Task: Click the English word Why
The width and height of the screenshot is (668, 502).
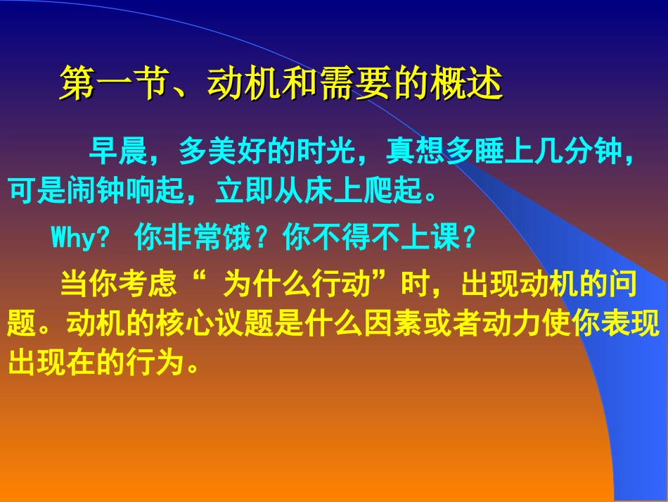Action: click(72, 239)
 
